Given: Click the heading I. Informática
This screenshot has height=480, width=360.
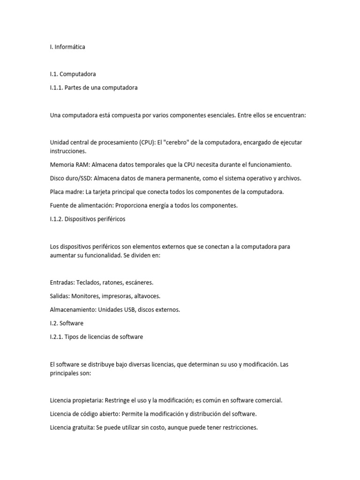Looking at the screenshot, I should point(67,47).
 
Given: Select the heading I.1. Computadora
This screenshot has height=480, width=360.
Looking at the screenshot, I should point(73,74).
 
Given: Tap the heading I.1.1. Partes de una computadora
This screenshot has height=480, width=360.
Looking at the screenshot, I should point(94,88).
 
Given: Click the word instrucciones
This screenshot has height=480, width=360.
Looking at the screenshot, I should point(68,151).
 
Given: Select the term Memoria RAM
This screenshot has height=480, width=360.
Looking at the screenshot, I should point(69,165).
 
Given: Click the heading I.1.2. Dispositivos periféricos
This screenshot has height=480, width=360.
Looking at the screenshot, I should point(88,219).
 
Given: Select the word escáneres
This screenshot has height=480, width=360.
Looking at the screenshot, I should point(138,283).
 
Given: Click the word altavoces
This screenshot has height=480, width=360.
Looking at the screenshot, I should point(146,296).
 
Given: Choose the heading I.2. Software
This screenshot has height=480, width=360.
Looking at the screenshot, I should point(67,323).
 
